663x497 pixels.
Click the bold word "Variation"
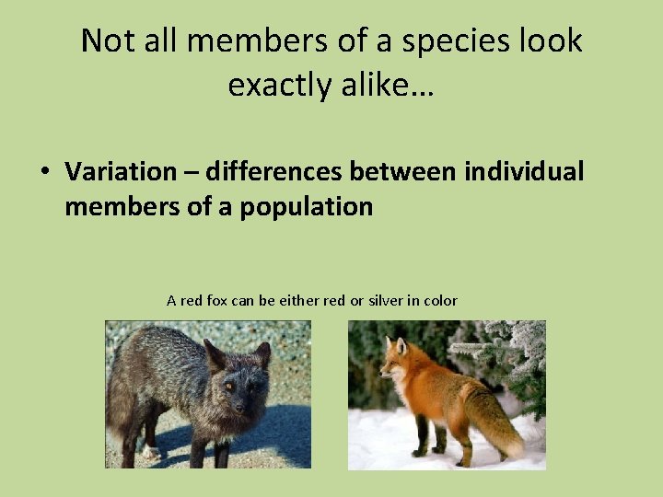tap(120, 171)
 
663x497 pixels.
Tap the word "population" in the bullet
tap(307, 207)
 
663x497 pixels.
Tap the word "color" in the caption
tap(441, 301)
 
